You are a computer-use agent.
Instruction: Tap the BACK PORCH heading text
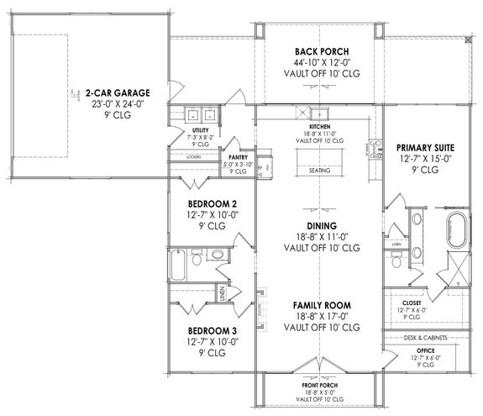tap(318, 50)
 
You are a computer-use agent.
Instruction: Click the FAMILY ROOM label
tap(321, 304)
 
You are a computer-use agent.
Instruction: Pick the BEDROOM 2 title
tap(204, 204)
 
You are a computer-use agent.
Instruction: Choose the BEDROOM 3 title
tap(204, 330)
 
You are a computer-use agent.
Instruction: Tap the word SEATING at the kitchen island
tap(321, 169)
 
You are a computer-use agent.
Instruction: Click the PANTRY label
tap(241, 156)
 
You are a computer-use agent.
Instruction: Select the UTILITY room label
tap(200, 131)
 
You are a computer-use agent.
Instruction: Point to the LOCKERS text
tap(192, 157)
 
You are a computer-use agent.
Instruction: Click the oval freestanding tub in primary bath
tap(454, 228)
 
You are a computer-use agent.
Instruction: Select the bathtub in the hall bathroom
tap(180, 266)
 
